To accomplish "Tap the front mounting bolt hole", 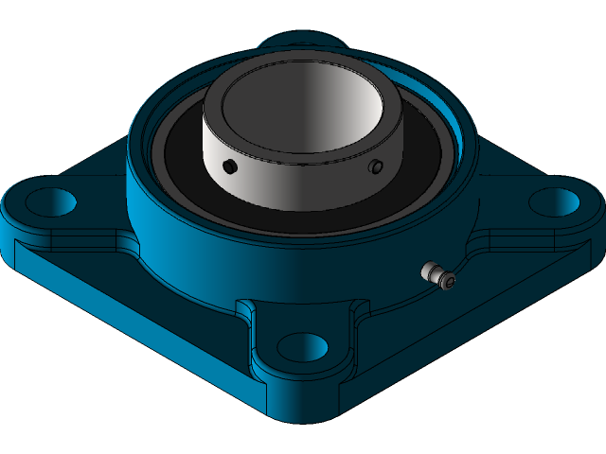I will tap(302, 345).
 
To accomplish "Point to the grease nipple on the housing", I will tap(438, 275).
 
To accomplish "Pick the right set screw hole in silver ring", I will tap(376, 166).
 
